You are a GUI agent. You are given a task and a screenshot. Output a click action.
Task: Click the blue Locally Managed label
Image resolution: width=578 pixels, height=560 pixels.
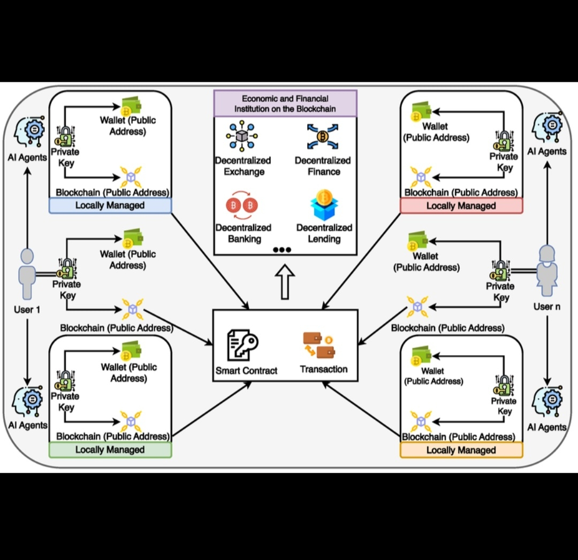110,206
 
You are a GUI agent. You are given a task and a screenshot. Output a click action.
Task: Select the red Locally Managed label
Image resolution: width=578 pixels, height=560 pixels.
461,206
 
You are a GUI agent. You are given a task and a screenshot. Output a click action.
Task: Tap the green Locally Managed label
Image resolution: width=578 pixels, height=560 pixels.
110,450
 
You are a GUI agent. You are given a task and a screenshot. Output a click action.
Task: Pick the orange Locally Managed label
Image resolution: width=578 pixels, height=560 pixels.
461,450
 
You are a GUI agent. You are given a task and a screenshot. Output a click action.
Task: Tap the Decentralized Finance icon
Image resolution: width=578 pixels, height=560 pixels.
323,136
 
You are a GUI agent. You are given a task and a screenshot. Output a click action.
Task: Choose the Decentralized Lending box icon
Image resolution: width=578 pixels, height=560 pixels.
324,204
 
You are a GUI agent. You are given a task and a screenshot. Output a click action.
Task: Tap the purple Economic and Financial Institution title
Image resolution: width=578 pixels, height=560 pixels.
285,103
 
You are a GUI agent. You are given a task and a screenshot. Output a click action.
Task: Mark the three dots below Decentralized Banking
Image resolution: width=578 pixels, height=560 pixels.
282,250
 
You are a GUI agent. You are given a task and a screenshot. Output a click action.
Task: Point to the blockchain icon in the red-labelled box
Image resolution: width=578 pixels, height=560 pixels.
420,176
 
